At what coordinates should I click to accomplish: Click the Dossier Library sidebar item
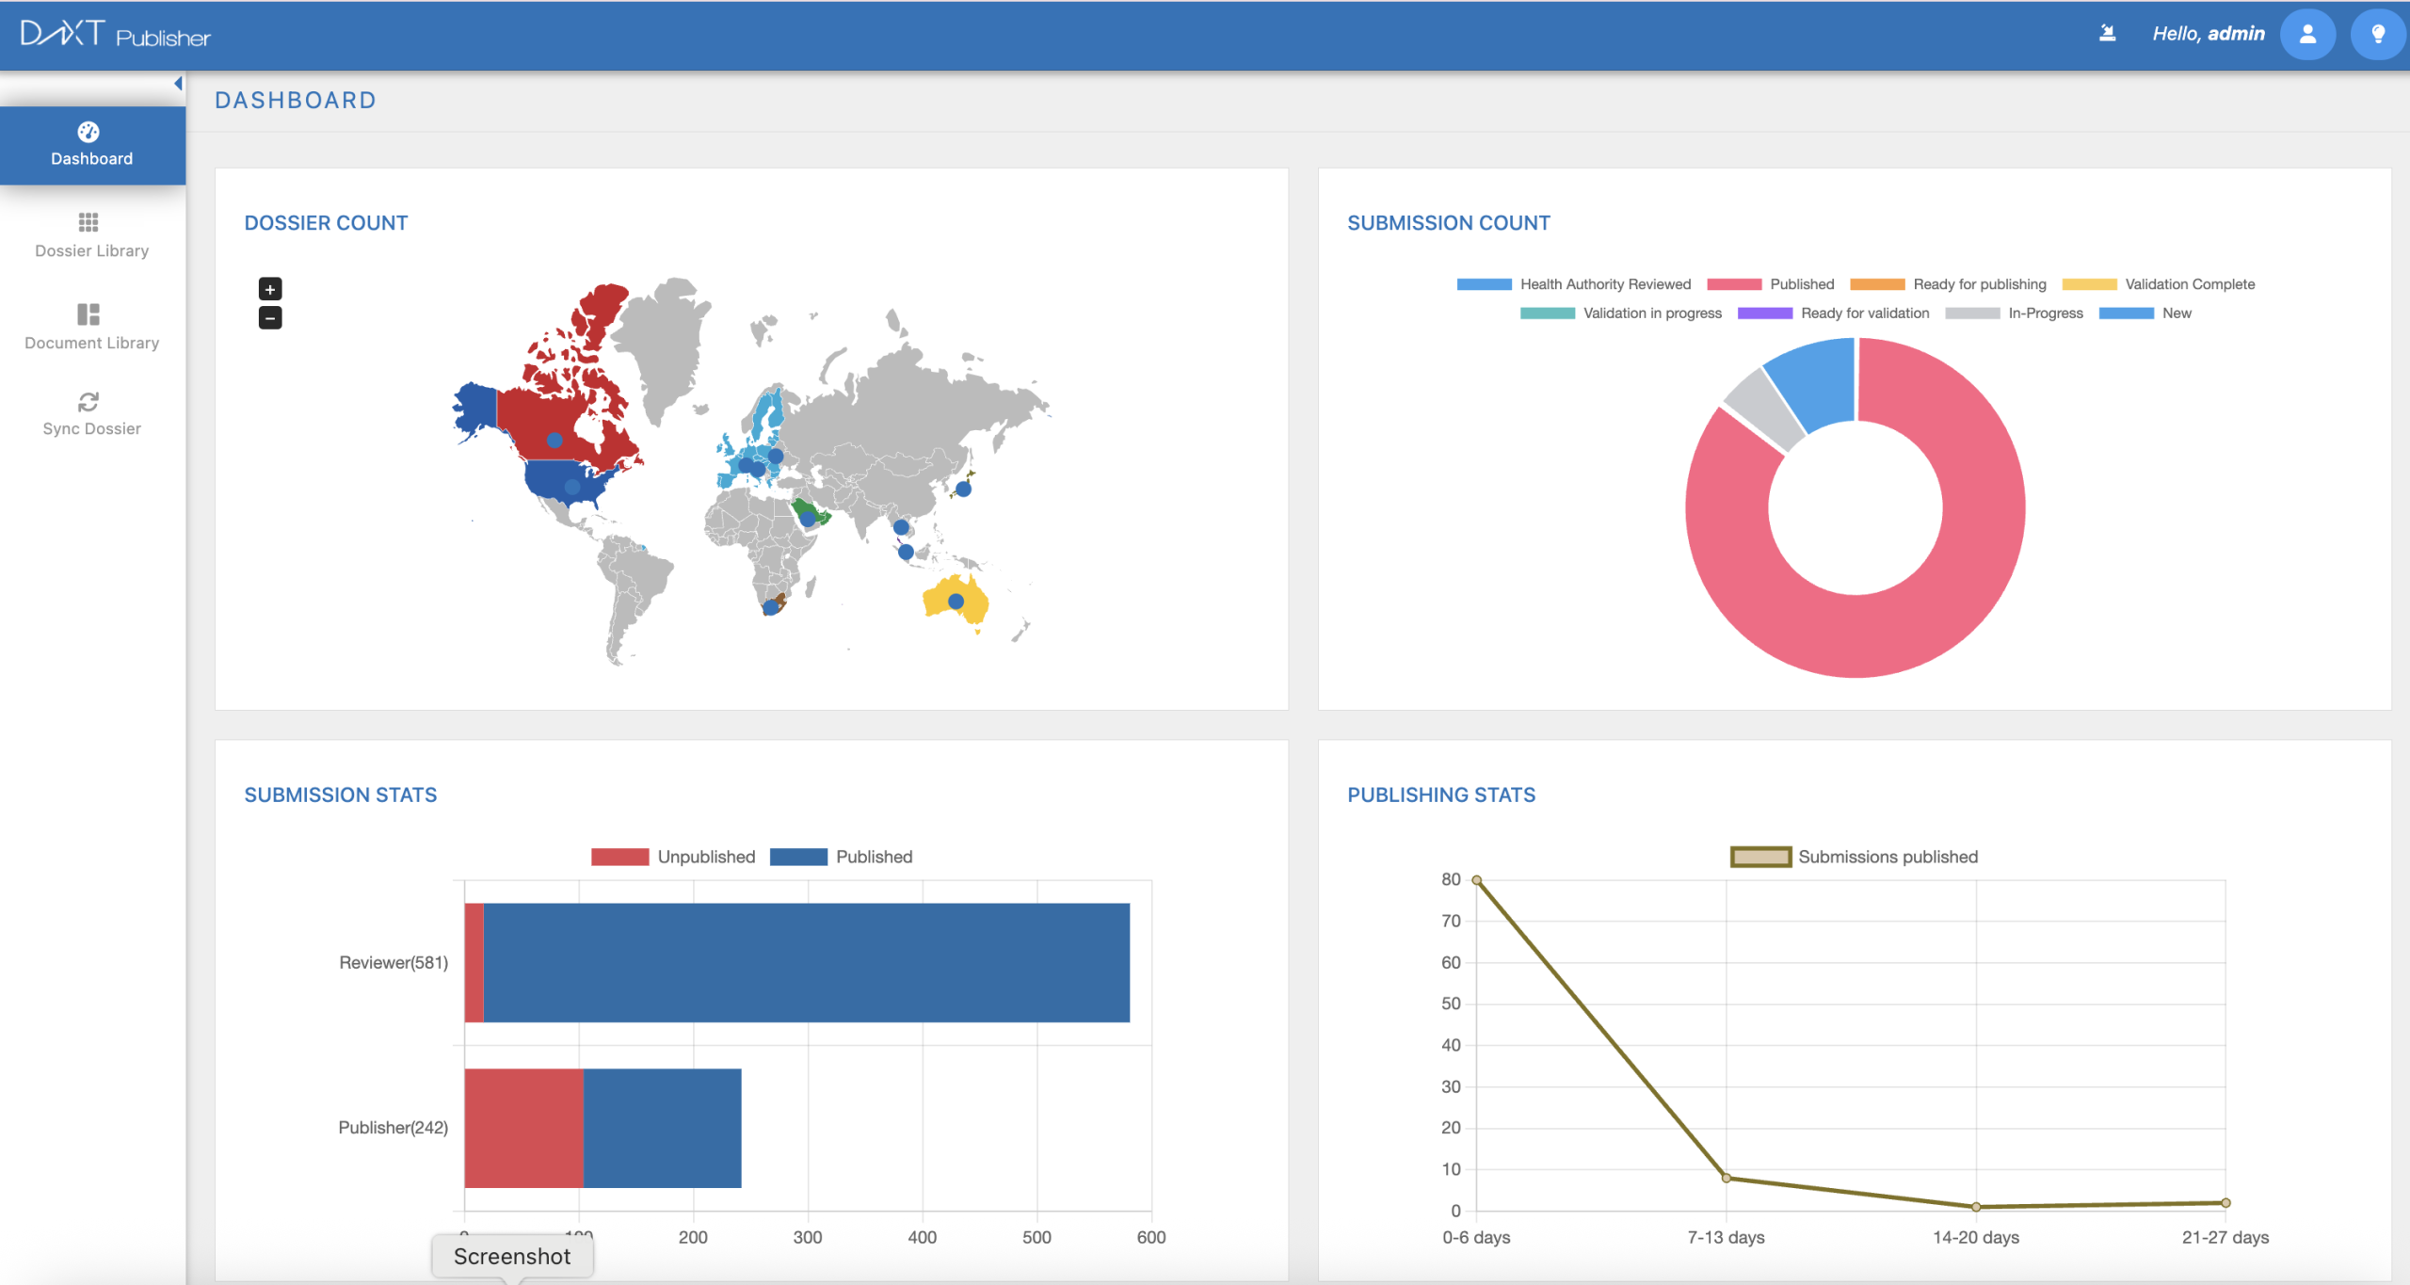coord(91,234)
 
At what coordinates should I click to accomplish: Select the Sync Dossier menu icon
coord(88,403)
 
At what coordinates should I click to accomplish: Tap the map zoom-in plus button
coord(270,289)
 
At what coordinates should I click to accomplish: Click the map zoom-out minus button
coord(270,318)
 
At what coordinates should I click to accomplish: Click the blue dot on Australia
coord(956,601)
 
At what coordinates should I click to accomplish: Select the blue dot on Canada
coord(554,440)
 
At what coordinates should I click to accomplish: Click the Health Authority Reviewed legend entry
coord(1573,284)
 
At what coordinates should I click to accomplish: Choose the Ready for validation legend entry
coord(1833,313)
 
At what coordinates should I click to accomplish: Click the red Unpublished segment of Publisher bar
coord(523,1128)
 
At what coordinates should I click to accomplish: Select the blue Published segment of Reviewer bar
coord(806,962)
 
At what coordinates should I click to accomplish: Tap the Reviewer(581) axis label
coord(394,962)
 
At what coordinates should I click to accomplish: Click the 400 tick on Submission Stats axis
coord(922,1237)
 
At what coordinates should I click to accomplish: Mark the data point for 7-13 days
coord(1726,1178)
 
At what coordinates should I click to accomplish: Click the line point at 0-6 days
coord(1476,880)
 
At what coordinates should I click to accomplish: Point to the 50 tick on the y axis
coord(1451,1004)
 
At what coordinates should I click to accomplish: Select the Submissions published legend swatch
coord(1760,857)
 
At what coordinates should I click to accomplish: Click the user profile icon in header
coord(2306,35)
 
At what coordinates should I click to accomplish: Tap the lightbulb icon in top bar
coord(2377,35)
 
